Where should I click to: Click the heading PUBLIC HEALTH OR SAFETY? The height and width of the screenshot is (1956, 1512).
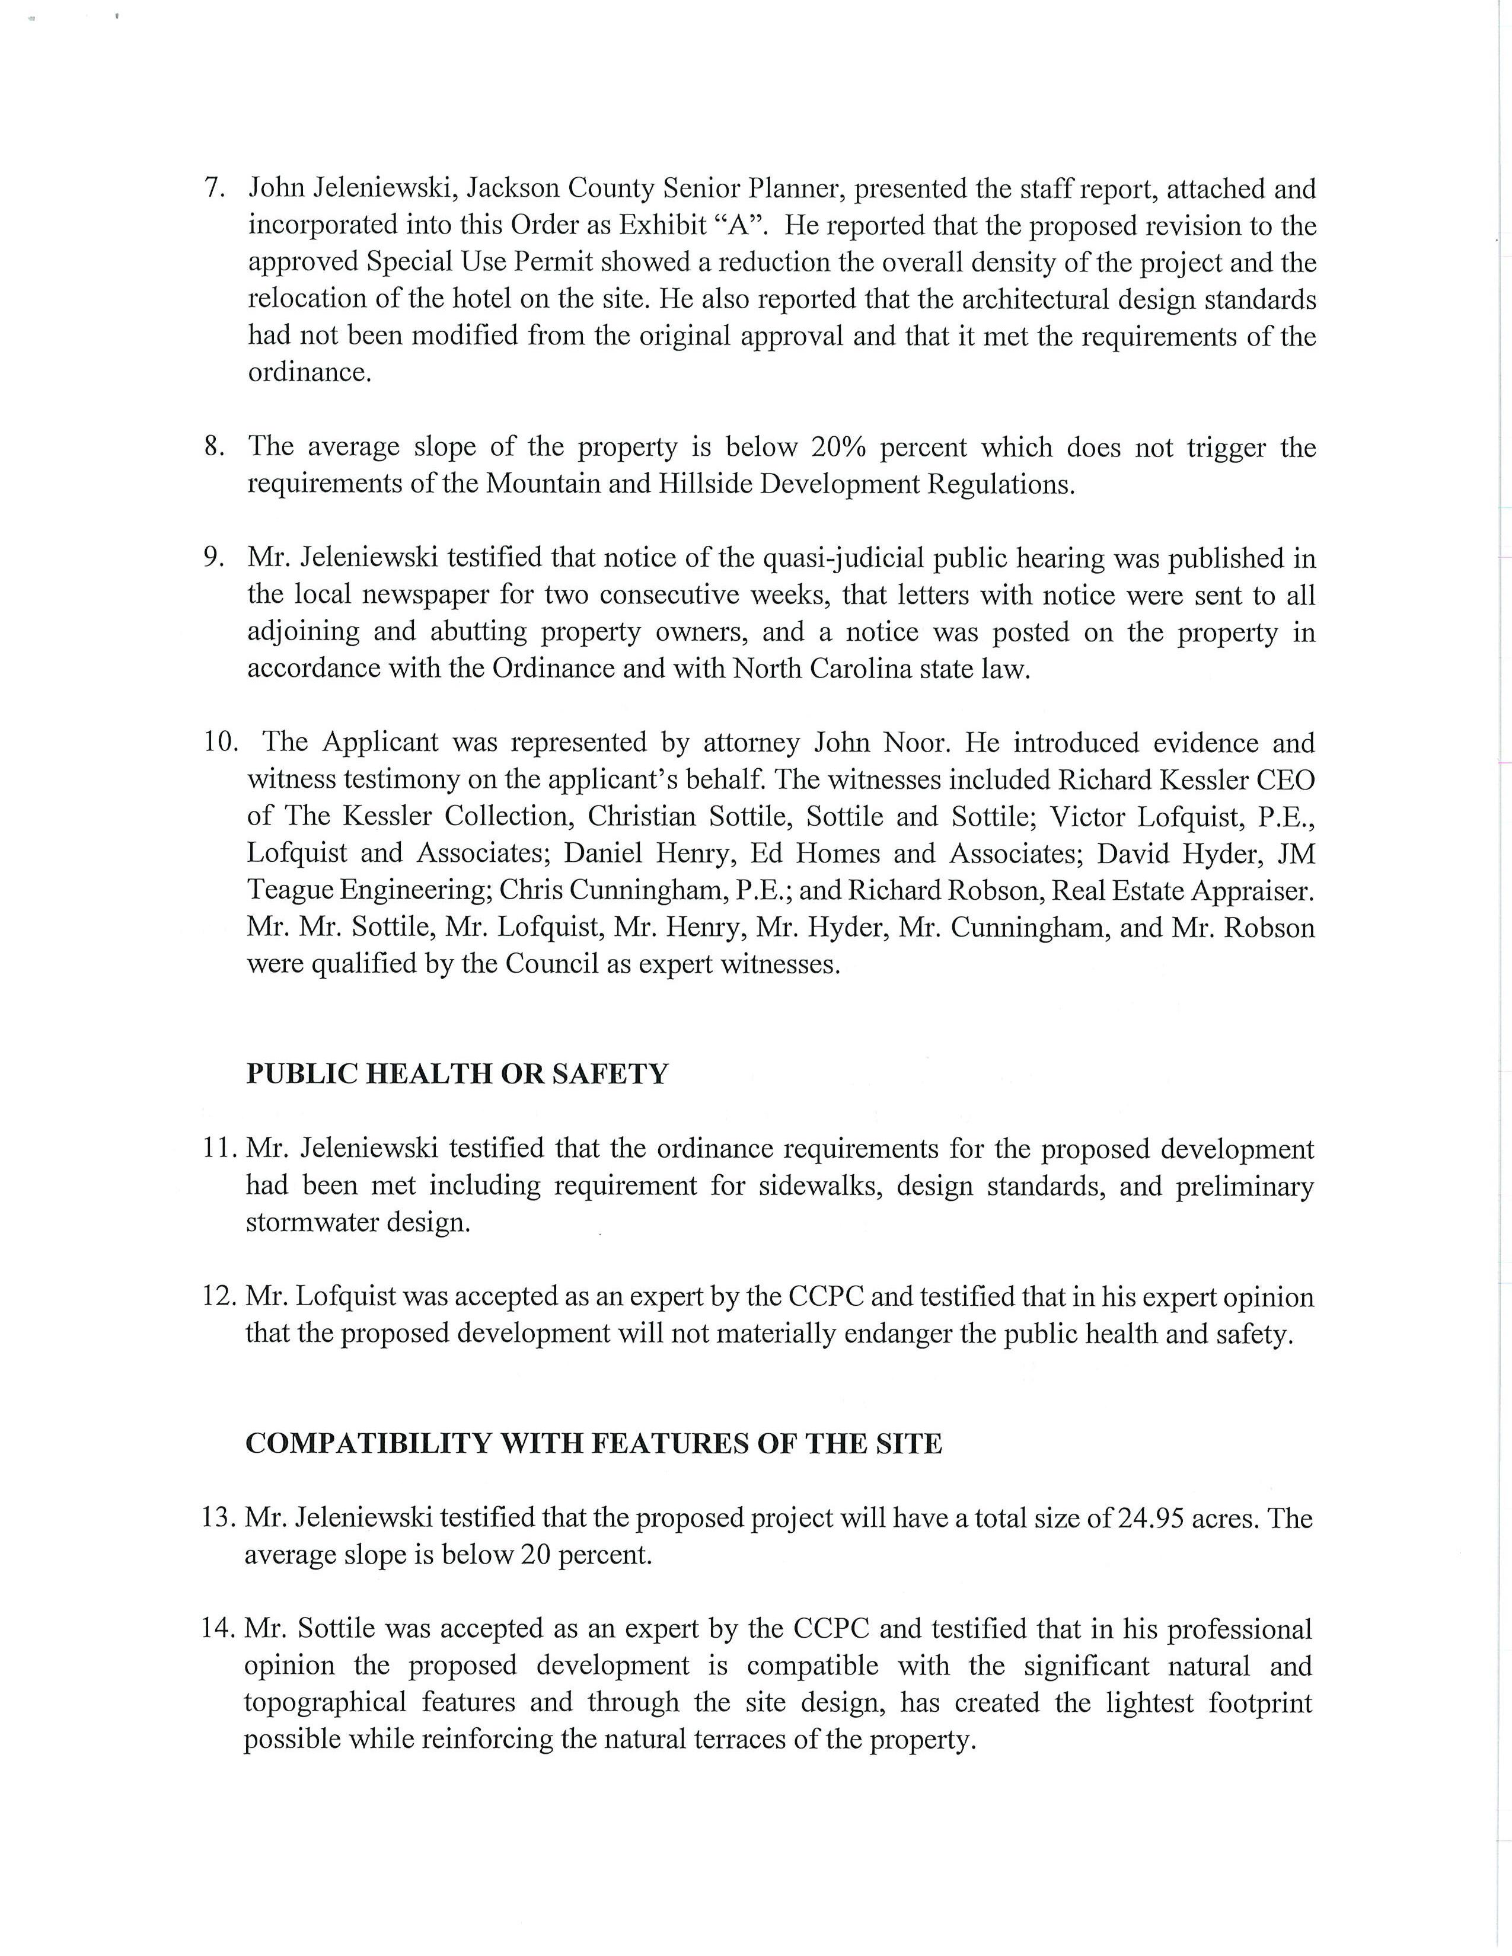click(x=457, y=1074)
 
